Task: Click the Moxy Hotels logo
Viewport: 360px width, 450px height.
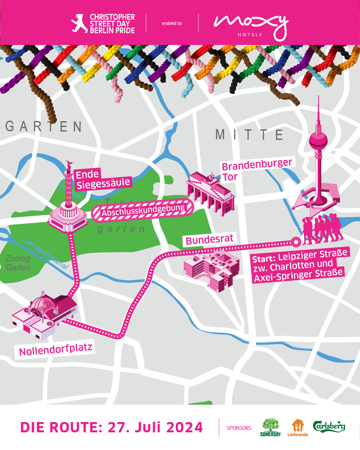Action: (250, 26)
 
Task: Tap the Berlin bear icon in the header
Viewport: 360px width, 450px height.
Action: (79, 23)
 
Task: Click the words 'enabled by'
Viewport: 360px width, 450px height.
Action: (172, 23)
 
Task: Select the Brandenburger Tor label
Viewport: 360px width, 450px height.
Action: (256, 170)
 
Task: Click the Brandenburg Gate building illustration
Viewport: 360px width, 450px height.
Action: (211, 193)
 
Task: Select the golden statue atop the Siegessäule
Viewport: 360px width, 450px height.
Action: (69, 164)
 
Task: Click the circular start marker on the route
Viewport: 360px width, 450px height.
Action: (295, 241)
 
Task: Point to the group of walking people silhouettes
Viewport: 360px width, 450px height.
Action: (322, 228)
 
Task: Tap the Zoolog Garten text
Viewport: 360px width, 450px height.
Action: (18, 263)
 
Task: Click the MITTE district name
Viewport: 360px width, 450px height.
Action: (249, 135)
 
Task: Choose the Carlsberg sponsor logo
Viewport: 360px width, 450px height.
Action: (329, 426)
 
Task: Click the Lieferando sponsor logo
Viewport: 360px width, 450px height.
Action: (298, 428)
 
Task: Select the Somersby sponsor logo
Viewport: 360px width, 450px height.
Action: (270, 428)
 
